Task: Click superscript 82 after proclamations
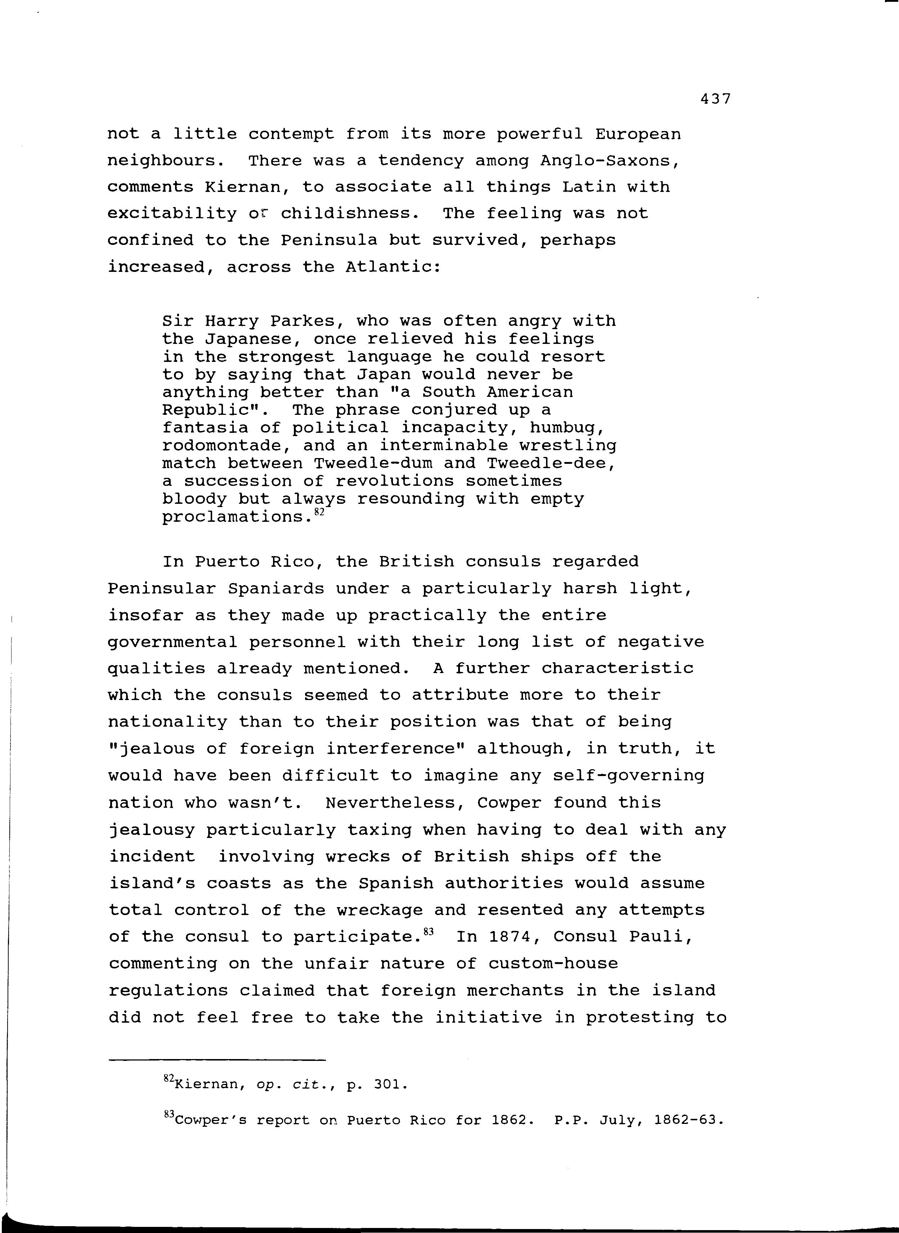[x=319, y=512]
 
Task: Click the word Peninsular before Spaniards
[x=162, y=589]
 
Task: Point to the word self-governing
[x=629, y=775]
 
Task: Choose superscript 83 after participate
[x=428, y=932]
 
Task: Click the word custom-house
[x=553, y=964]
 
